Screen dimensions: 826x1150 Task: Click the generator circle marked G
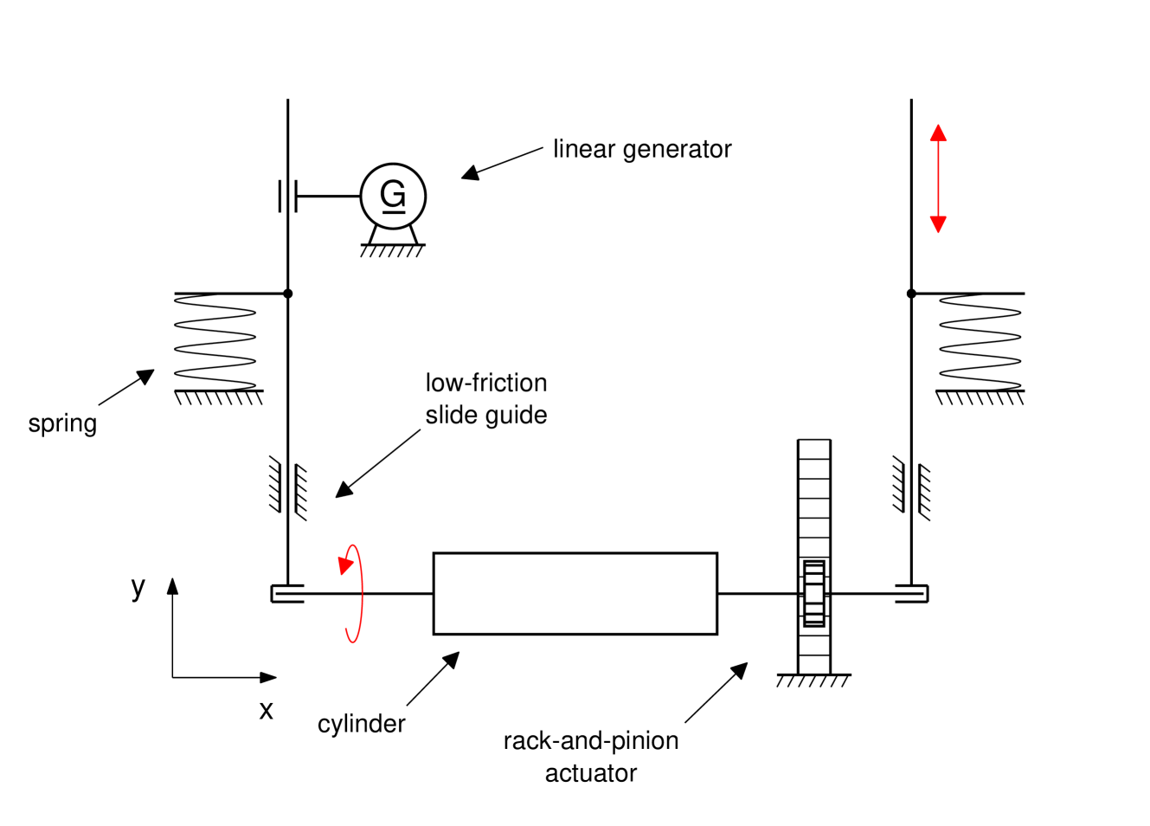click(393, 196)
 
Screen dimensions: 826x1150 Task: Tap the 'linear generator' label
click(642, 149)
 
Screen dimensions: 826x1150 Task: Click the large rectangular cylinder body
click(575, 593)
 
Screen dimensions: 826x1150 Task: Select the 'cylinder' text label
click(361, 724)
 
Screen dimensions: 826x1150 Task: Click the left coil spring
click(215, 342)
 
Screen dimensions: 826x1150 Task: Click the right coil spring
click(980, 342)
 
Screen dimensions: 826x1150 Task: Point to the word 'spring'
click(62, 423)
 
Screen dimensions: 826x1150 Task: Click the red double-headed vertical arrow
click(938, 178)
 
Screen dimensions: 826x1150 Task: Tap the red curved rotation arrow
click(352, 593)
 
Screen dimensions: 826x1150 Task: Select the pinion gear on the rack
click(813, 593)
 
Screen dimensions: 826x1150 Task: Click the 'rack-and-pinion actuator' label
click(591, 757)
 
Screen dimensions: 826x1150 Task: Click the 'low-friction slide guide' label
click(486, 398)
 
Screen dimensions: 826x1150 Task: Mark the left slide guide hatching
click(288, 489)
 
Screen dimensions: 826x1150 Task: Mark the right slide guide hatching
click(911, 489)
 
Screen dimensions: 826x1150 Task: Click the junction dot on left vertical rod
click(288, 294)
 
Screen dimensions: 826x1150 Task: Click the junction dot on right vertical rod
click(911, 294)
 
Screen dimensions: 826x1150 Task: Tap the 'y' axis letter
click(138, 587)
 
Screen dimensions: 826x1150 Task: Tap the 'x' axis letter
click(267, 711)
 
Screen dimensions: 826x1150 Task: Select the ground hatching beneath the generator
click(392, 251)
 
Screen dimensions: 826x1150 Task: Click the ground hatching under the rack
click(813, 681)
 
